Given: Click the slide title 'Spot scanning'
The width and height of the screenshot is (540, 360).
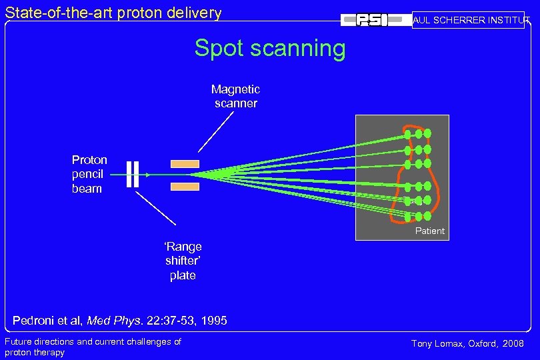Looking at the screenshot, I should click(270, 49).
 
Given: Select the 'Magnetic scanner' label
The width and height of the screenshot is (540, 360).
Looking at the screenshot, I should click(235, 96).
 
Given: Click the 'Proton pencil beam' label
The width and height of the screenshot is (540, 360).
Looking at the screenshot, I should click(89, 174).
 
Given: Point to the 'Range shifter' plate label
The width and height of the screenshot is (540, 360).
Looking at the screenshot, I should click(183, 261).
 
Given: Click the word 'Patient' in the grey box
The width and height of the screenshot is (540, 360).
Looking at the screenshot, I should click(429, 231).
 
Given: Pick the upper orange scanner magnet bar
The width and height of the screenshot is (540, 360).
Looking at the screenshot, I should click(185, 163).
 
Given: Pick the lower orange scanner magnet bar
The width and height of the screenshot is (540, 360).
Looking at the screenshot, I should click(185, 187).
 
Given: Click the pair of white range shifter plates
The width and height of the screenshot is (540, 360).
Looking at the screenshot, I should click(132, 175).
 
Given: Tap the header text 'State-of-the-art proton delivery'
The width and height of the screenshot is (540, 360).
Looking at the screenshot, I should click(113, 12).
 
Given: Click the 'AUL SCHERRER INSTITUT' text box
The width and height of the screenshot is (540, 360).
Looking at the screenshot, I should click(470, 20).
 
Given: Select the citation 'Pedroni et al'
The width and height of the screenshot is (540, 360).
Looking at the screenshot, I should click(47, 321).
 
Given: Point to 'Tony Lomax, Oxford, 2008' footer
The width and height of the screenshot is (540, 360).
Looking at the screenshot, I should click(467, 343).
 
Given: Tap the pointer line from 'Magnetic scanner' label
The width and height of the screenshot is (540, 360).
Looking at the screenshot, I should click(216, 131).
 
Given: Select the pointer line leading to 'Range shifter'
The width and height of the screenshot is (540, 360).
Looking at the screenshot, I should click(156, 208).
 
